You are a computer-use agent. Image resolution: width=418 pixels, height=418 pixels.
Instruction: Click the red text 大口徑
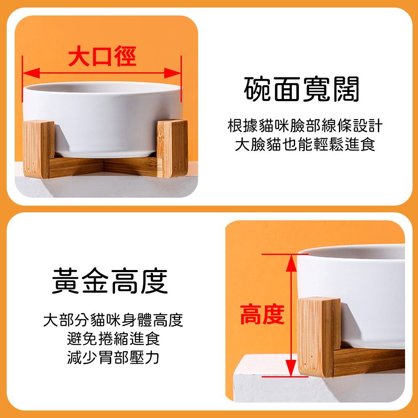point(102,56)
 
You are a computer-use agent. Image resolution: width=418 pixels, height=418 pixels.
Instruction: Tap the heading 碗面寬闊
point(302,89)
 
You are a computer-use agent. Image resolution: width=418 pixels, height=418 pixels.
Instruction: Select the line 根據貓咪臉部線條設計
point(305,125)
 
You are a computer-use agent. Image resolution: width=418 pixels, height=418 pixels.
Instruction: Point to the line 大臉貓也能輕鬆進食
point(305,144)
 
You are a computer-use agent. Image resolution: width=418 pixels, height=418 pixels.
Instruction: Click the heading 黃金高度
point(110,281)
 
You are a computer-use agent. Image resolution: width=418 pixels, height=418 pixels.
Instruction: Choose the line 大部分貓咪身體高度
point(113,320)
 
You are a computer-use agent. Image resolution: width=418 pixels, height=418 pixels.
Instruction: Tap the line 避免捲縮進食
point(113,339)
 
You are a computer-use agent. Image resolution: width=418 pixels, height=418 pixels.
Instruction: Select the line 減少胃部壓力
point(113,357)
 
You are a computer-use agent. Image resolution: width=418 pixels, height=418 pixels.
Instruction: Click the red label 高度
point(263,315)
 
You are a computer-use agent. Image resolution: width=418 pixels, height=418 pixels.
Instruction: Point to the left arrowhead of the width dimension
point(31,73)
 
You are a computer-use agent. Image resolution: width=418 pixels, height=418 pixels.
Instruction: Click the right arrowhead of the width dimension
point(173,73)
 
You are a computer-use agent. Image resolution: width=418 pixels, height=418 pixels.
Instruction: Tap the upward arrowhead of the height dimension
point(291,263)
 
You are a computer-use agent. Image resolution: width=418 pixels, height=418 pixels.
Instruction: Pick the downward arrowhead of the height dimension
point(291,368)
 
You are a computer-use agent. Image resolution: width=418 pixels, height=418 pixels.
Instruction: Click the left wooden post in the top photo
point(38,149)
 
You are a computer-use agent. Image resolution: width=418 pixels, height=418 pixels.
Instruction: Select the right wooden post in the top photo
point(172,148)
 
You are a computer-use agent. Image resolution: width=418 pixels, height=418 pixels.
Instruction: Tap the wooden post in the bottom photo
point(319,337)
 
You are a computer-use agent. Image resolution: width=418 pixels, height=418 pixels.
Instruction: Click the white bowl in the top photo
point(103,117)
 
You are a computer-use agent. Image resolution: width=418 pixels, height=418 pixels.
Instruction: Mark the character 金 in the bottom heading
point(95,281)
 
